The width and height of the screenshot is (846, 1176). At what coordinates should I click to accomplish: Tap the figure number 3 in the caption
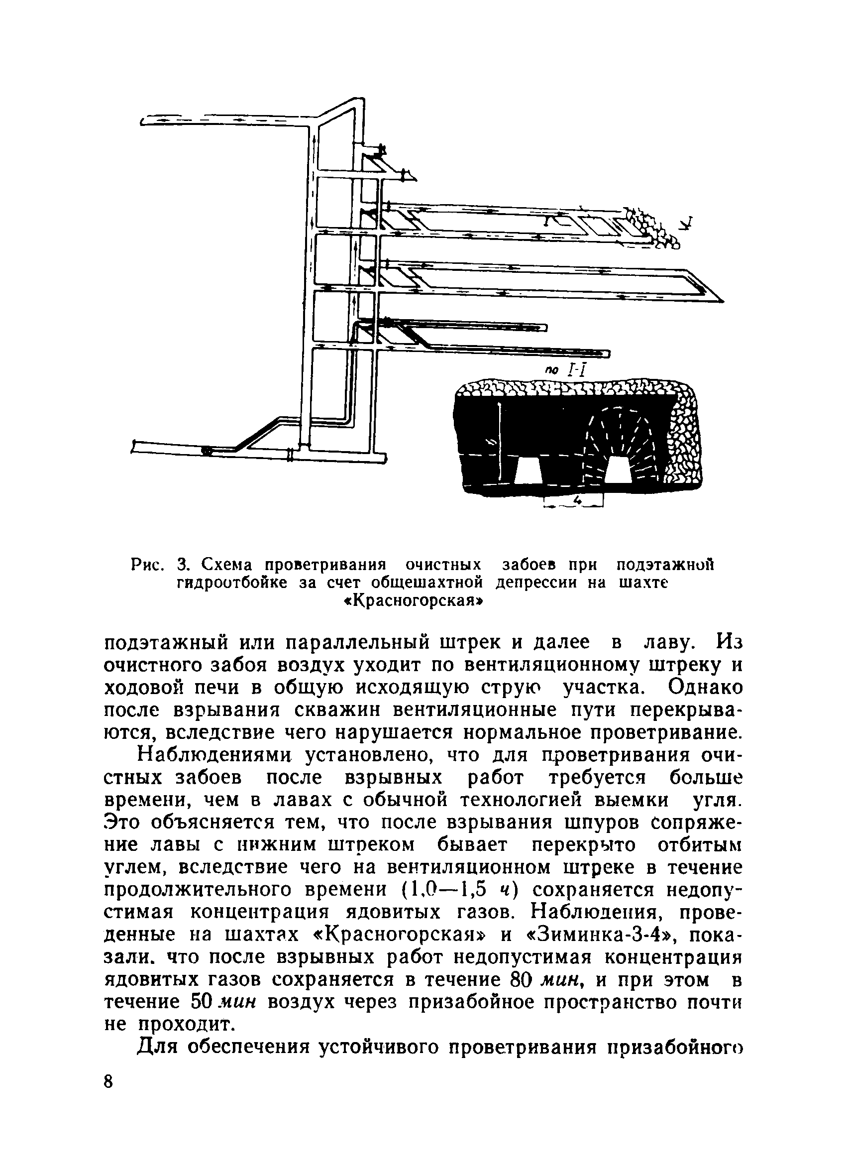[181, 564]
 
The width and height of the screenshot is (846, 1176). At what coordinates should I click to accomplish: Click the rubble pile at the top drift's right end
[650, 227]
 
